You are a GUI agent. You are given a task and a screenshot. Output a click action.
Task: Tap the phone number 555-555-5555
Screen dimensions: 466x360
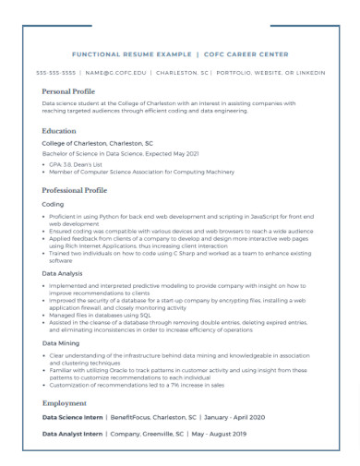pyautogui.click(x=55, y=72)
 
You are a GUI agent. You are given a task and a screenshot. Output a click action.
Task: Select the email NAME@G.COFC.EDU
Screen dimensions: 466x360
pyautogui.click(x=116, y=72)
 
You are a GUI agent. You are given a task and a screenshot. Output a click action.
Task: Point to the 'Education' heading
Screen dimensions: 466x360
pyautogui.click(x=60, y=132)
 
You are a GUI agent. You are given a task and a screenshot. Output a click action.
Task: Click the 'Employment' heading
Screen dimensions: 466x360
pyautogui.click(x=64, y=403)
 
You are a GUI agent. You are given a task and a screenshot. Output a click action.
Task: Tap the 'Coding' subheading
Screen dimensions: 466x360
pyautogui.click(x=54, y=204)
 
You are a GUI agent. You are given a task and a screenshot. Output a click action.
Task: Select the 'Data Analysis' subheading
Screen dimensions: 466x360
pyautogui.click(x=62, y=273)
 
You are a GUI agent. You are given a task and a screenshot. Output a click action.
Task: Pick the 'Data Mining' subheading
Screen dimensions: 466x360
pyautogui.click(x=60, y=342)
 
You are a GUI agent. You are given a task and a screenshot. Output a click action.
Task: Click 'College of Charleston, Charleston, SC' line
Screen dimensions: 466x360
pyautogui.click(x=97, y=144)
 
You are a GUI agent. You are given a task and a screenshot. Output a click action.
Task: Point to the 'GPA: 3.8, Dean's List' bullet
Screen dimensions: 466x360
pyautogui.click(x=81, y=164)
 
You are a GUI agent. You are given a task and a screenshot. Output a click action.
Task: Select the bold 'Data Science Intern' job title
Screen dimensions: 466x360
pyautogui.click(x=73, y=417)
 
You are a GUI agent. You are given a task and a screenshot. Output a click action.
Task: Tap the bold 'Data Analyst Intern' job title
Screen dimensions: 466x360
pyautogui.click(x=73, y=433)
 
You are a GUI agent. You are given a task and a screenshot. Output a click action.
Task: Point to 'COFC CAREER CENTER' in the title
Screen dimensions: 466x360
pyautogui.click(x=246, y=54)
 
